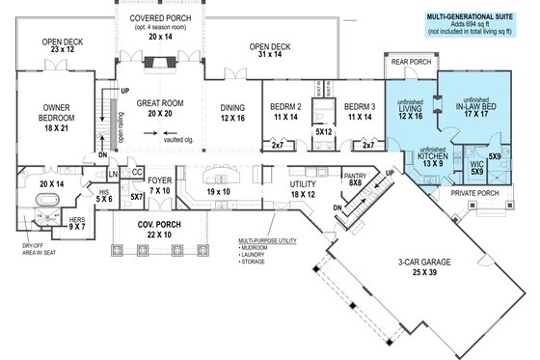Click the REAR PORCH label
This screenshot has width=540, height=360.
[410, 65]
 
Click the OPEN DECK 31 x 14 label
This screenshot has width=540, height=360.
[272, 51]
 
